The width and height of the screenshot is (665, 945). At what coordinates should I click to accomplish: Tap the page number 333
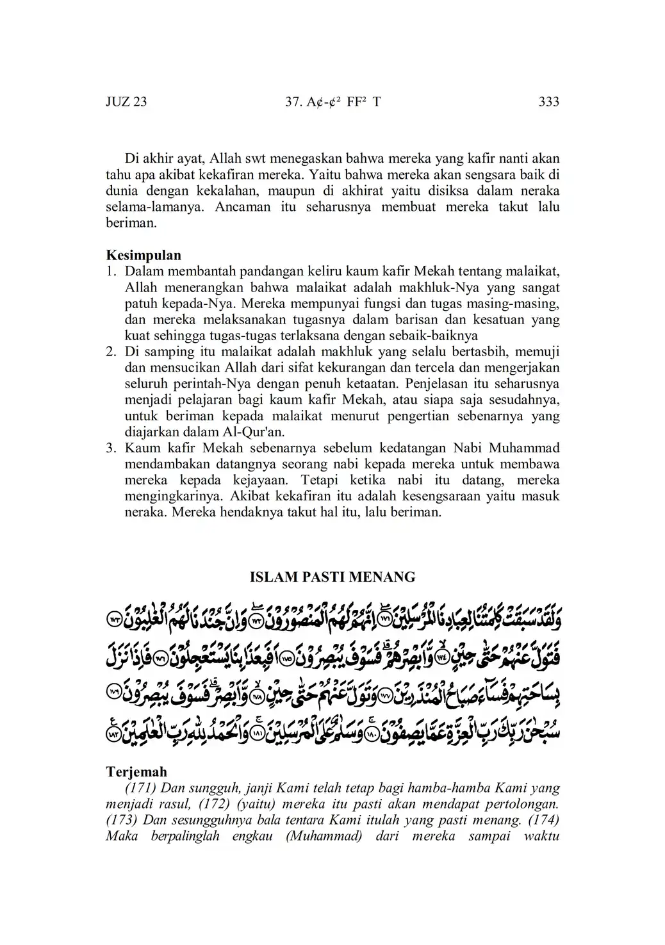tap(549, 102)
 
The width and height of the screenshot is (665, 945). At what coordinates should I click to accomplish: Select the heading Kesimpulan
tap(144, 256)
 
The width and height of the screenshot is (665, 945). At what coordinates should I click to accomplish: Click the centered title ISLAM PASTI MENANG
tap(332, 577)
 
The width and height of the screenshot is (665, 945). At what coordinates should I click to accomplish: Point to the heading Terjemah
tap(136, 772)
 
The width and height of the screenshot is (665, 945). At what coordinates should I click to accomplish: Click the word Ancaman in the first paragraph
tap(239, 207)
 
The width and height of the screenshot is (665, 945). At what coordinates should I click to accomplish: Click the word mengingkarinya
tap(168, 497)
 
